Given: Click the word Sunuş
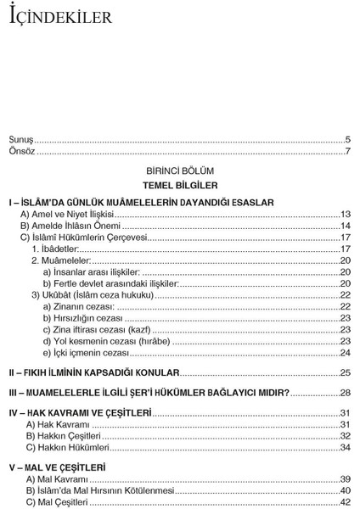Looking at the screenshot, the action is click(x=21, y=138).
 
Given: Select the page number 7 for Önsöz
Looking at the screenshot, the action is click(x=347, y=150).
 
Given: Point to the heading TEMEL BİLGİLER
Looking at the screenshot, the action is click(x=180, y=185).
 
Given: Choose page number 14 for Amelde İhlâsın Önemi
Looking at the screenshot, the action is click(x=345, y=227).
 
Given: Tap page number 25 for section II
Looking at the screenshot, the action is click(x=345, y=372).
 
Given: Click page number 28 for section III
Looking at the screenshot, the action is click(x=345, y=393).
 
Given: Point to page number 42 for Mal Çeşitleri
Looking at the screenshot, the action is click(x=345, y=501).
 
